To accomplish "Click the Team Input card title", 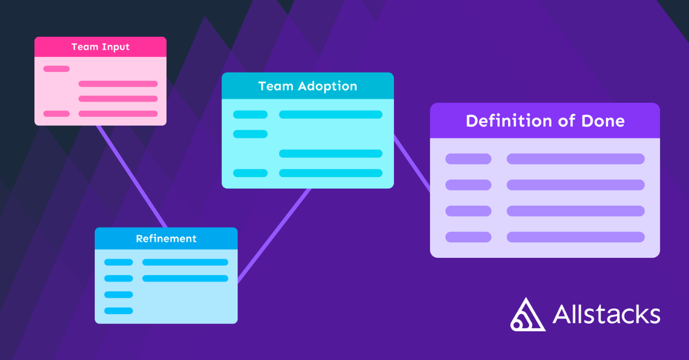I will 100,47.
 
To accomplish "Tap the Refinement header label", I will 166,238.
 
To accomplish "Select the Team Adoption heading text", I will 307,86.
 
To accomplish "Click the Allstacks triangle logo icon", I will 527,315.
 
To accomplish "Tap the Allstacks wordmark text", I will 606,315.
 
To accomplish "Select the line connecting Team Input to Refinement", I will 131,176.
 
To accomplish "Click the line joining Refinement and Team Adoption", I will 274,235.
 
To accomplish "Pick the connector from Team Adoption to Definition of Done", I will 412,163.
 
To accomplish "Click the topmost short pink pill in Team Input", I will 56,69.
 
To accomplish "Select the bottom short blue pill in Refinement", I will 118,311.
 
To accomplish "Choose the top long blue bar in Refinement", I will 185,262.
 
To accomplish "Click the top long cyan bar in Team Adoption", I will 330,114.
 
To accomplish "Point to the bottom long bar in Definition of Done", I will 575,237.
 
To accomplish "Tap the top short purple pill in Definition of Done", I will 468,159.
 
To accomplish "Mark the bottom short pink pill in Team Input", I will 56,114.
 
